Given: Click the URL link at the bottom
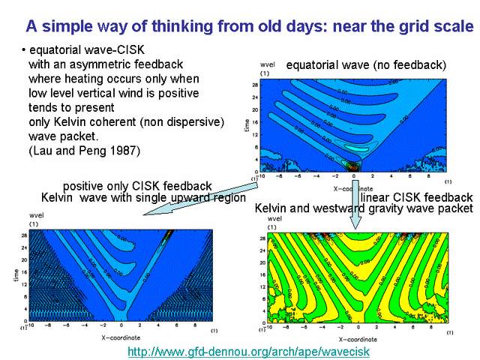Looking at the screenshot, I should click(x=248, y=351).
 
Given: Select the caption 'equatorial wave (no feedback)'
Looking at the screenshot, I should click(x=366, y=65).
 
